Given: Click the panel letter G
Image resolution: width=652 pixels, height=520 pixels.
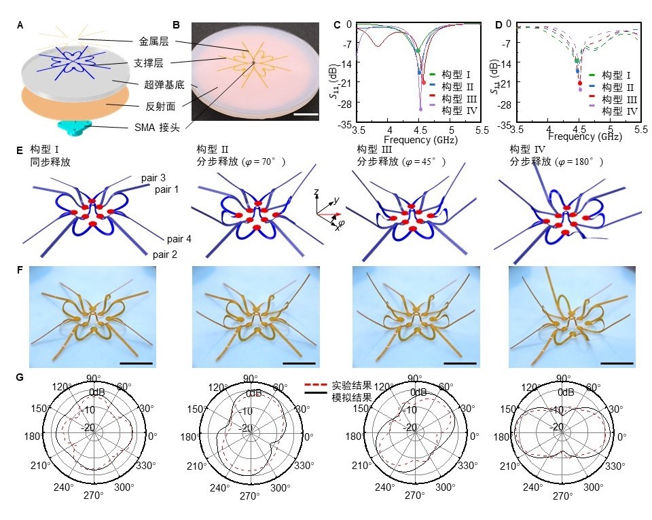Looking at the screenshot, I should [x=20, y=375].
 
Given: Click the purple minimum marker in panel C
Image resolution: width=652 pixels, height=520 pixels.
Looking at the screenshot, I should [x=420, y=109].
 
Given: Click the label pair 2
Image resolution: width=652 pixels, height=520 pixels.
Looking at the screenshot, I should [x=164, y=255].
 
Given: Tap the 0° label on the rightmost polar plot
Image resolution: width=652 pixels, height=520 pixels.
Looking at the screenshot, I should [x=628, y=436].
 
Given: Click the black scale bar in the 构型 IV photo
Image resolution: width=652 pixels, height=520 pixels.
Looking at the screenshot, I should [x=617, y=363].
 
